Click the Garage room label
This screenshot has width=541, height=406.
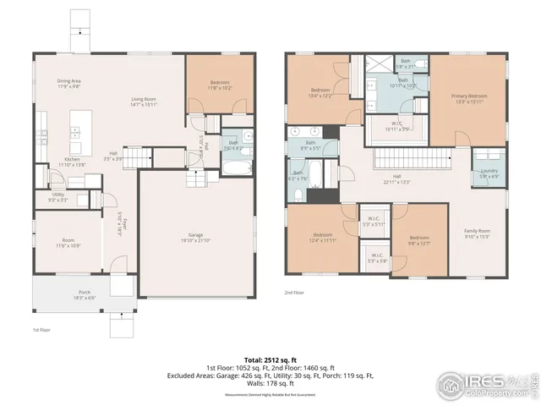195,236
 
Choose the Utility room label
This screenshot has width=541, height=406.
58,196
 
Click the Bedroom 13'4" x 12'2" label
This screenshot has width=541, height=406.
320,92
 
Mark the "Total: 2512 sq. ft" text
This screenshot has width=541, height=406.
270,359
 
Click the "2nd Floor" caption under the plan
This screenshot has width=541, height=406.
294,293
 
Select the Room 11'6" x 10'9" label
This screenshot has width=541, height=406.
68,242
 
